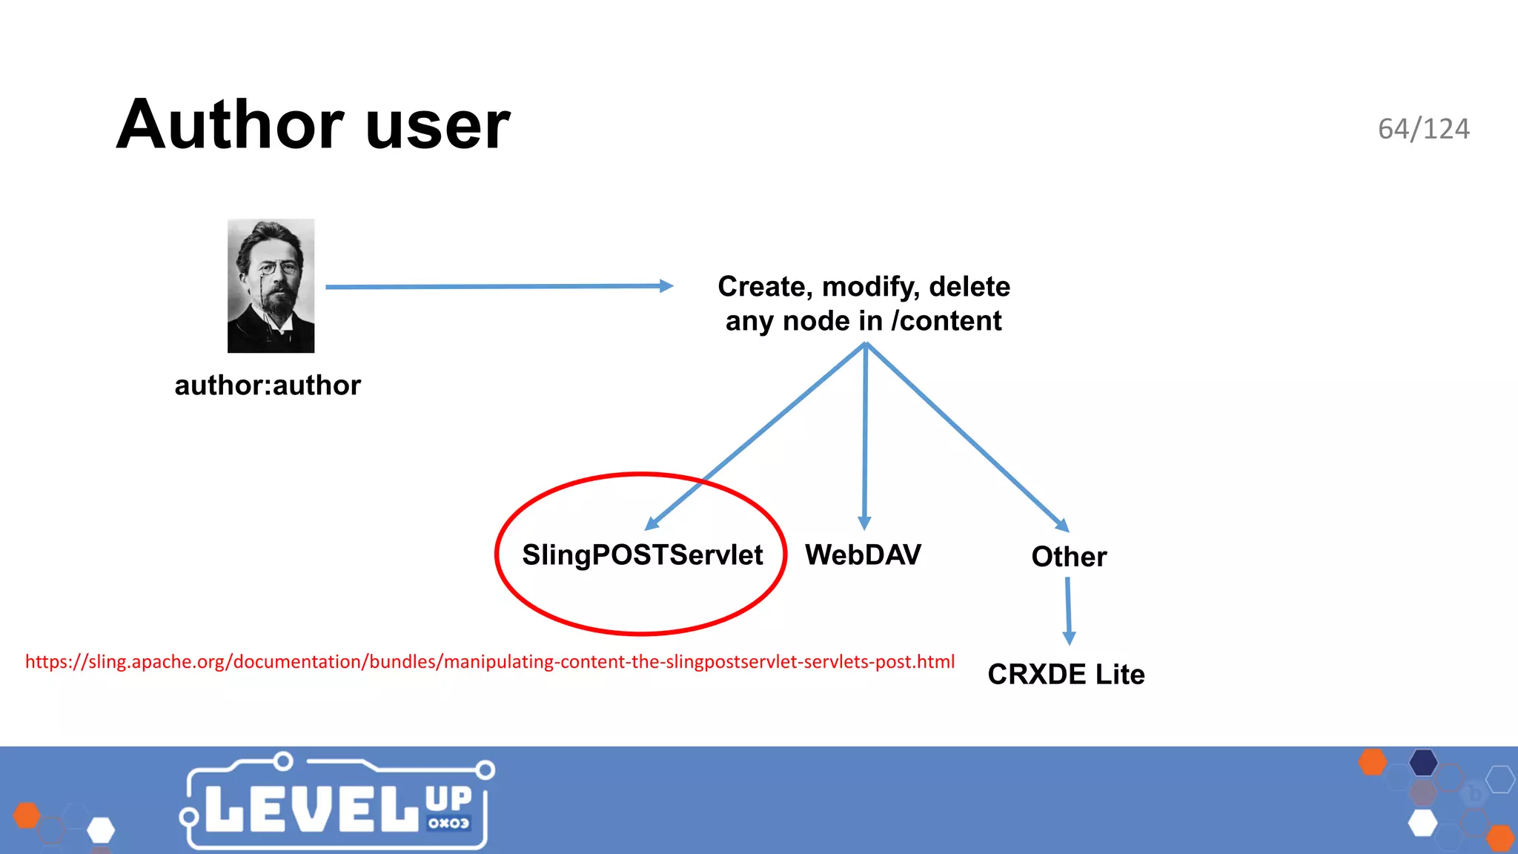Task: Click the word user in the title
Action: pyautogui.click(x=437, y=126)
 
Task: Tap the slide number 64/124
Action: pyautogui.click(x=1423, y=129)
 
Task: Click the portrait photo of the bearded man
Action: pyautogui.click(x=271, y=285)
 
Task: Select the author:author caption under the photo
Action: pyautogui.click(x=268, y=385)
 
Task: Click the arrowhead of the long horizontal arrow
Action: pyautogui.click(x=666, y=286)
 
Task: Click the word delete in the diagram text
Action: pyautogui.click(x=969, y=287)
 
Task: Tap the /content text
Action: pyautogui.click(x=947, y=321)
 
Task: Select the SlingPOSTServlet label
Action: pyautogui.click(x=642, y=555)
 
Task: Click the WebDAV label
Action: pyautogui.click(x=863, y=555)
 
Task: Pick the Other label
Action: pyautogui.click(x=1068, y=557)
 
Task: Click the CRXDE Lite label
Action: pyautogui.click(x=1066, y=675)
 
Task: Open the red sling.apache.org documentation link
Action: pyautogui.click(x=489, y=662)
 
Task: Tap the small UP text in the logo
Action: pyautogui.click(x=448, y=799)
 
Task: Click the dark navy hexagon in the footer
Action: pyautogui.click(x=1423, y=762)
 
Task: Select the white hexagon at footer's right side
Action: pyautogui.click(x=1422, y=823)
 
